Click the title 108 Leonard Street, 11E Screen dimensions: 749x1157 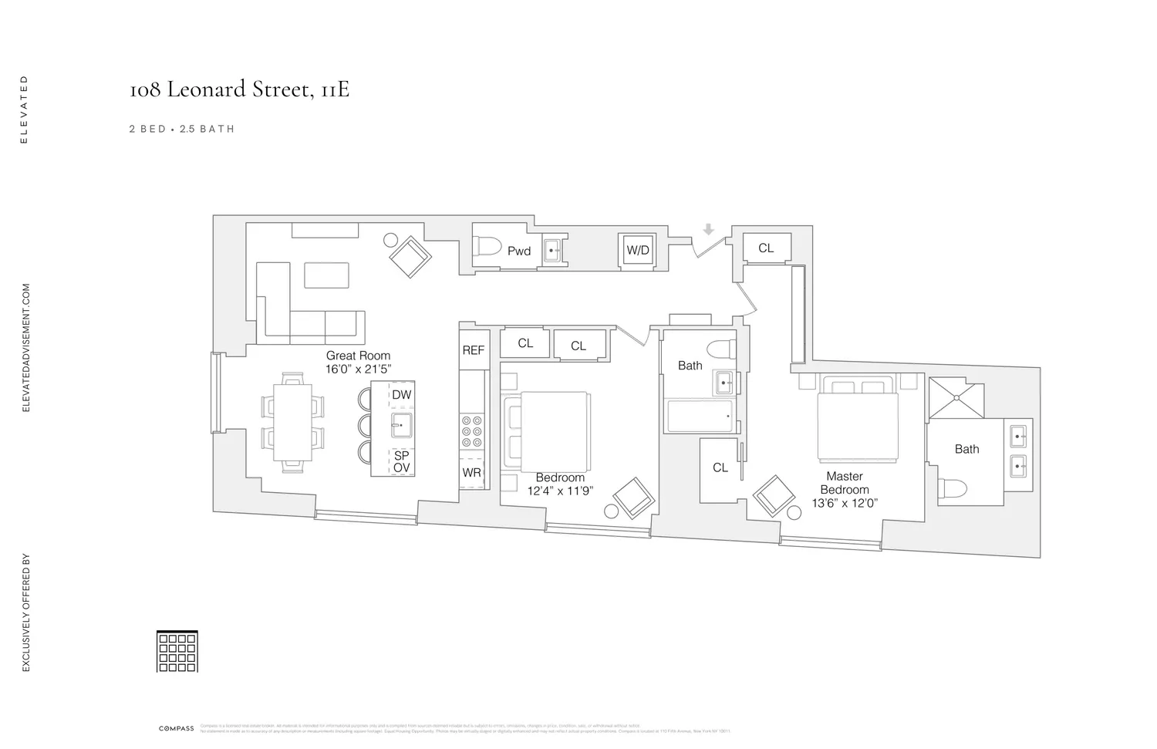tap(239, 90)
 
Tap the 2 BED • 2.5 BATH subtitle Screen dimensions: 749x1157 tap(182, 130)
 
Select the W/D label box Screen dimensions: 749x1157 tap(638, 251)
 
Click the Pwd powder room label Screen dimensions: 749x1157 tap(519, 251)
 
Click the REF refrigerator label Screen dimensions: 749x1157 tap(473, 350)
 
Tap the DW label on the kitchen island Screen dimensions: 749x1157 tap(401, 395)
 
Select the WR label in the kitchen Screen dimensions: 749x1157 tap(472, 473)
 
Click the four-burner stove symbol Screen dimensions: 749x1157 tap(472, 432)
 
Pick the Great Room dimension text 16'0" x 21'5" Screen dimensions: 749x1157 tap(358, 369)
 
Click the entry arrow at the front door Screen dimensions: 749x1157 tap(708, 229)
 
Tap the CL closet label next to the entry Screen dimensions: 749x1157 tap(765, 248)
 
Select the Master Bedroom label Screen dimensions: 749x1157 tap(845, 483)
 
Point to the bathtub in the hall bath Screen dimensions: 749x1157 tap(700, 416)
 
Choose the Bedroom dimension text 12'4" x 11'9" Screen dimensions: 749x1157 tap(560, 491)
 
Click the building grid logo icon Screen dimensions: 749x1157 tap(177, 651)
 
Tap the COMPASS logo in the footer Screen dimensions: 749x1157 tap(177, 729)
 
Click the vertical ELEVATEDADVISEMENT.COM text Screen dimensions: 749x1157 tap(25, 347)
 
